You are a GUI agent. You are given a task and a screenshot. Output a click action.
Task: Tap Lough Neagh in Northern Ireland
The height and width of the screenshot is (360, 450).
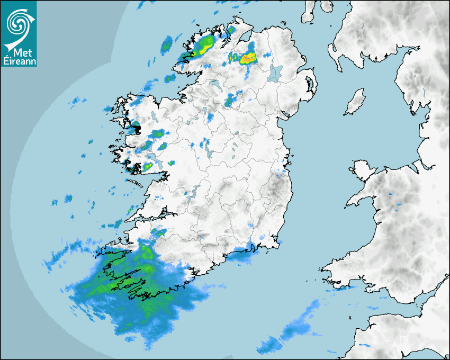[x=275, y=73]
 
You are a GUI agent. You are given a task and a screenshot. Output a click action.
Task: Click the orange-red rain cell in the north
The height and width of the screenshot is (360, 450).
[x=247, y=58]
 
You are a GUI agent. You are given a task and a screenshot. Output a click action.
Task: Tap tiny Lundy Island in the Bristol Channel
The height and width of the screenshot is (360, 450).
[x=350, y=317]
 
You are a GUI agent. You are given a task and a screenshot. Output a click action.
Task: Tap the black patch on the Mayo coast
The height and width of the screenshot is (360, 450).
[x=136, y=127]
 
